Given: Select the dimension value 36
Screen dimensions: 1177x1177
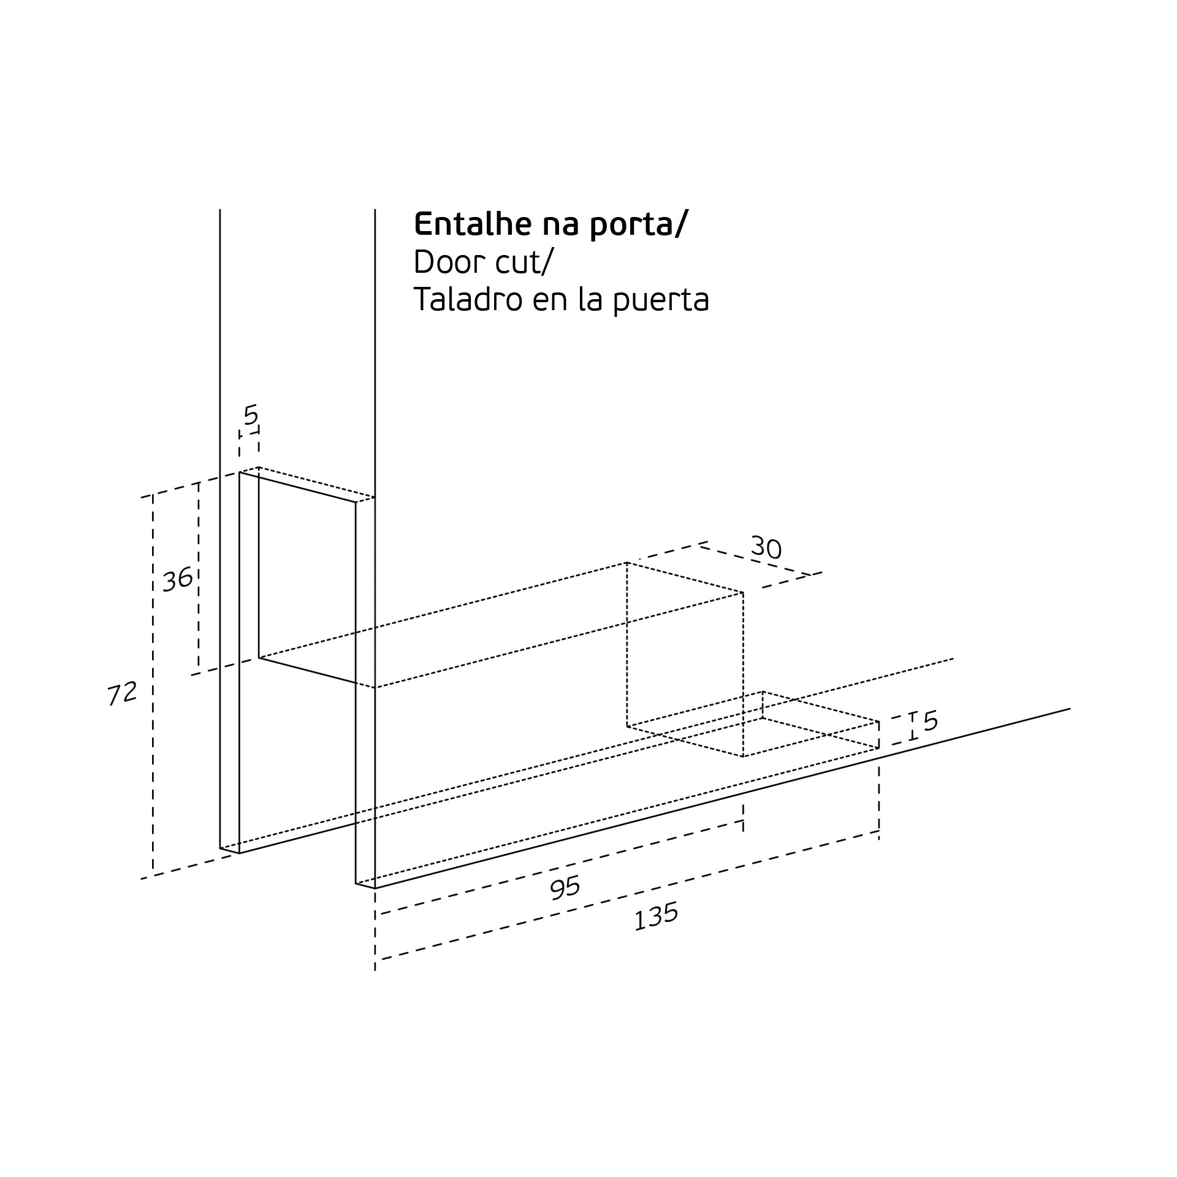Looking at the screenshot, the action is [178, 580].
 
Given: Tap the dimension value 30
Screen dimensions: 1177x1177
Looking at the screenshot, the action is [766, 547].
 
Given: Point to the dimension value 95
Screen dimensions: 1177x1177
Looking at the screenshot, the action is [565, 888].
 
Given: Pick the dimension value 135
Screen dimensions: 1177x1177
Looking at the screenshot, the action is [656, 916].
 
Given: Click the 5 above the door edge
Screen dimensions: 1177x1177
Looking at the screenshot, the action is [251, 415].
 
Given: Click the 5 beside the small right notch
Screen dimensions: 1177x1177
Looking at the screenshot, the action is [931, 721].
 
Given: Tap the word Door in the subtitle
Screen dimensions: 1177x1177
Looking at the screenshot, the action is [445, 262].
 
